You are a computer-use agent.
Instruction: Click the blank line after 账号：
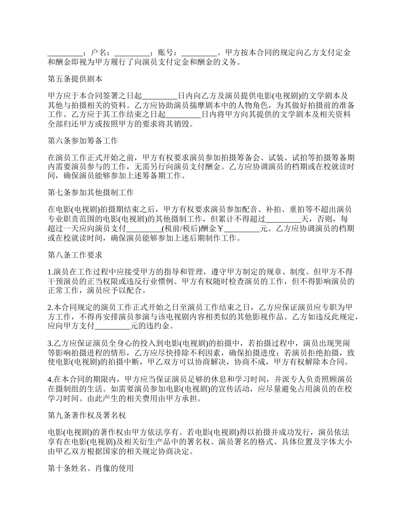(199, 53)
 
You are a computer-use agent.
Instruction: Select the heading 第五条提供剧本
(74, 79)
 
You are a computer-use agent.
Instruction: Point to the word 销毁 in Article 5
(187, 124)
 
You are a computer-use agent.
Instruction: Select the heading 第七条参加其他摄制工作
(91, 193)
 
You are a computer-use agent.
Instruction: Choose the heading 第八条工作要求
(74, 255)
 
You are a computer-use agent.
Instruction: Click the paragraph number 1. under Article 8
(50, 271)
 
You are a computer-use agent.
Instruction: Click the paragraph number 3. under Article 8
(50, 343)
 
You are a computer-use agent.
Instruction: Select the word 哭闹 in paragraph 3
(343, 343)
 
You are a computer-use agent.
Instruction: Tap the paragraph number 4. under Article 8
(50, 379)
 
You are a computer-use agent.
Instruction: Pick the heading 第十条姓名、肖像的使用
(91, 468)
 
